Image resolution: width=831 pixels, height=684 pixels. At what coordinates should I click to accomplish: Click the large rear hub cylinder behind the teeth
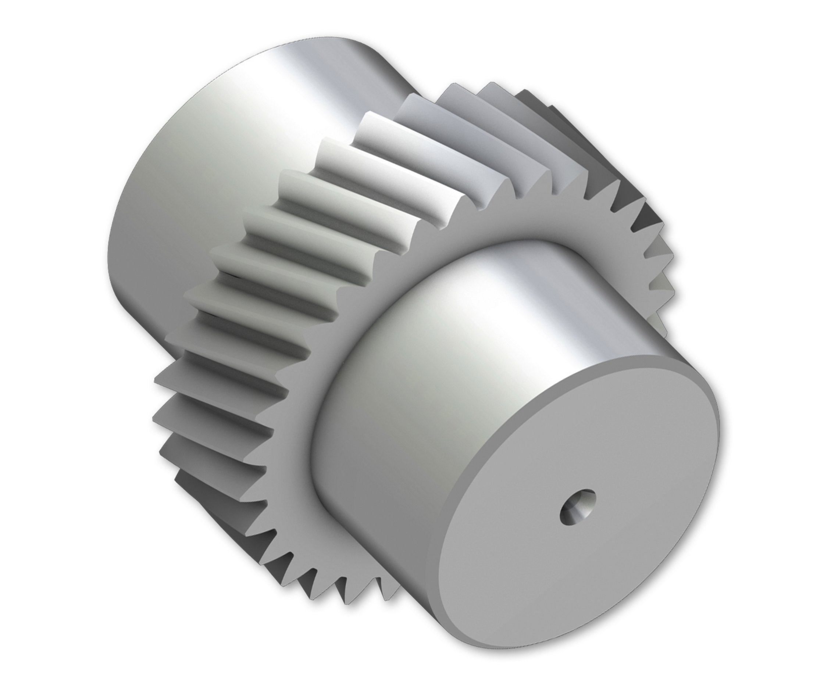tap(221, 165)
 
